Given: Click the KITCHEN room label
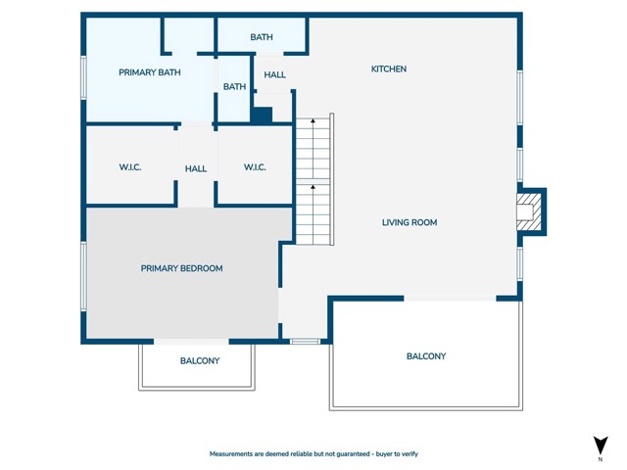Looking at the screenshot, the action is pos(389,70).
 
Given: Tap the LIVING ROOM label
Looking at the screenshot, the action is pos(410,222).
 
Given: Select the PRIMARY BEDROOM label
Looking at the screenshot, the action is pos(181,268).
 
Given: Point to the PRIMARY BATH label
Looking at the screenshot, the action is pos(150,72).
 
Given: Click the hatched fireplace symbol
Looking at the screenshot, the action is pos(529,212).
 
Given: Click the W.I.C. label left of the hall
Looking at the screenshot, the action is pos(130,167).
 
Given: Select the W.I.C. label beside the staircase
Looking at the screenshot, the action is pos(255,167).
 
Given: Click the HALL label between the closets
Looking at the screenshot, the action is pos(196,169).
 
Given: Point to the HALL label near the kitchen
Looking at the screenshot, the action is pos(274,74).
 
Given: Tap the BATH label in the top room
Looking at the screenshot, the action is pos(262,37).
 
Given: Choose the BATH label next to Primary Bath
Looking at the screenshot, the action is pos(234,87).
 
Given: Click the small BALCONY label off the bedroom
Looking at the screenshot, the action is pos(200,361).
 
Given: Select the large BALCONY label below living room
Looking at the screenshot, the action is pos(426,356).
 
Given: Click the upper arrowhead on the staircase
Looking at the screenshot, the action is pos(313,119).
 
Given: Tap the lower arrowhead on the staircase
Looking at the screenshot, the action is pos(313,187).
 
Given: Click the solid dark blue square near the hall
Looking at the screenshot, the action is pos(263,116).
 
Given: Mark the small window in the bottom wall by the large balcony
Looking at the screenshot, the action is pos(305,342).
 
